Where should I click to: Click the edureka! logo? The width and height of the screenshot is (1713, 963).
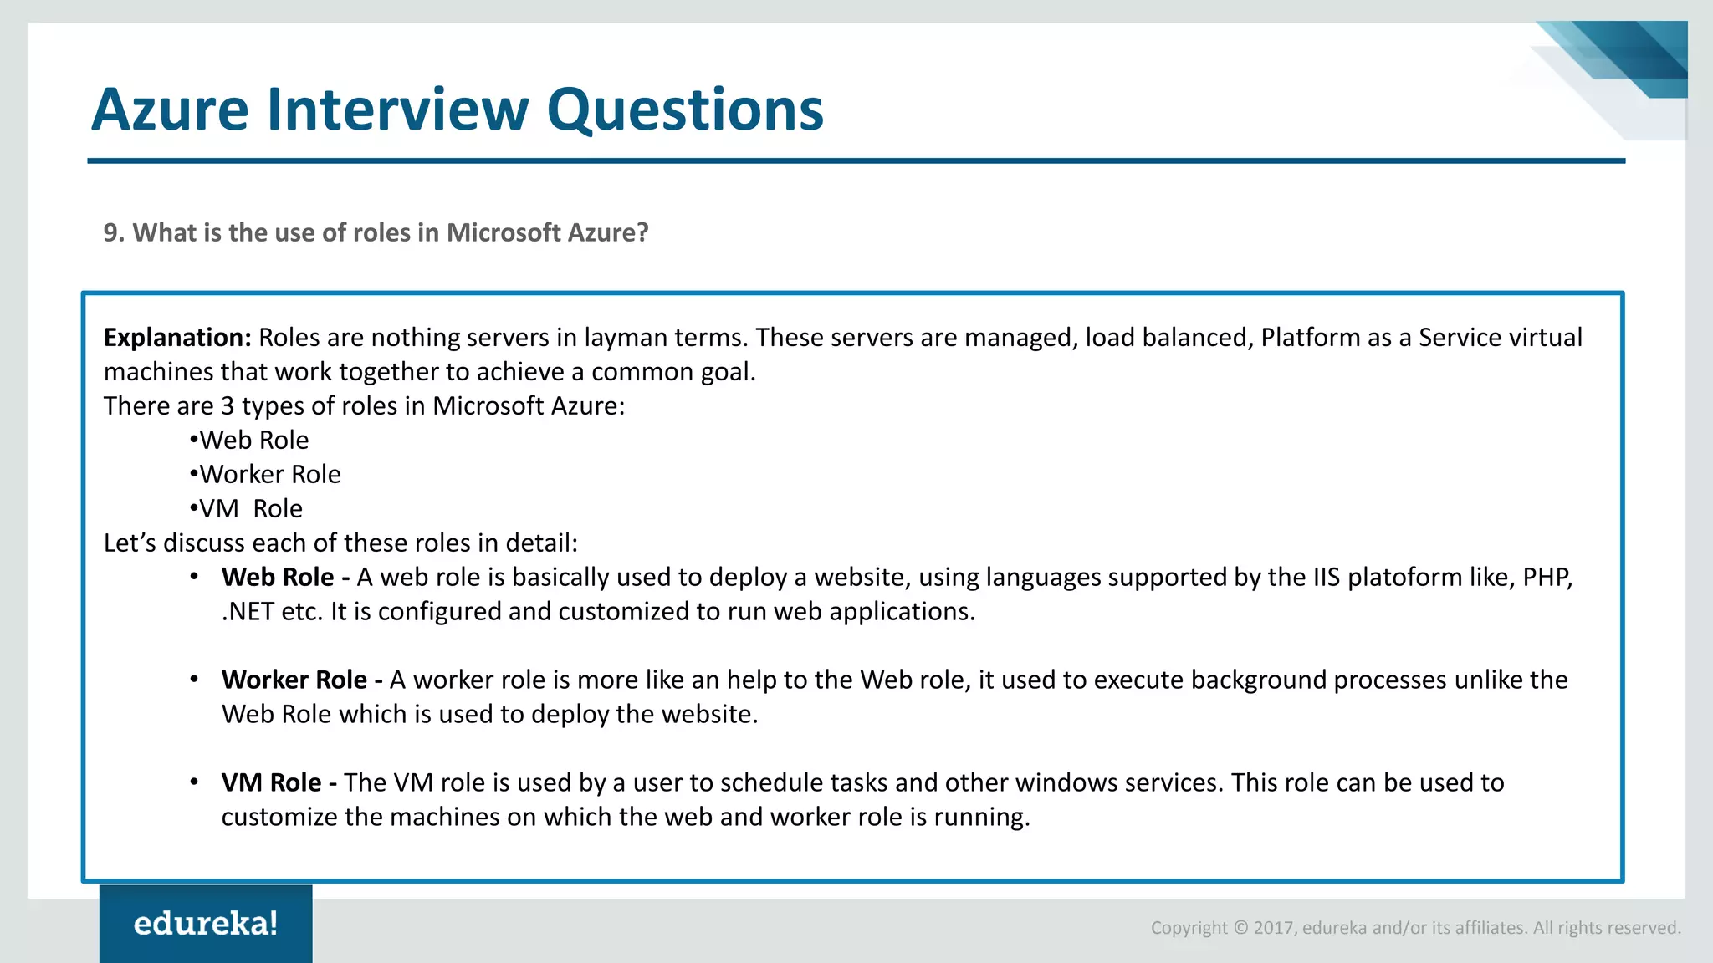click(206, 924)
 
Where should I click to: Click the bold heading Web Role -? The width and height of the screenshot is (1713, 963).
click(285, 578)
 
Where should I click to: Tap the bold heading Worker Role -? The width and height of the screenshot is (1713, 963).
click(302, 680)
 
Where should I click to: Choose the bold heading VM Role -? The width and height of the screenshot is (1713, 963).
click(279, 783)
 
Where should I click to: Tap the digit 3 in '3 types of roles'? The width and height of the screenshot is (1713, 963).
click(228, 406)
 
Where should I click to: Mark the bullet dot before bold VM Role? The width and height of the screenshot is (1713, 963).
click(194, 782)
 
